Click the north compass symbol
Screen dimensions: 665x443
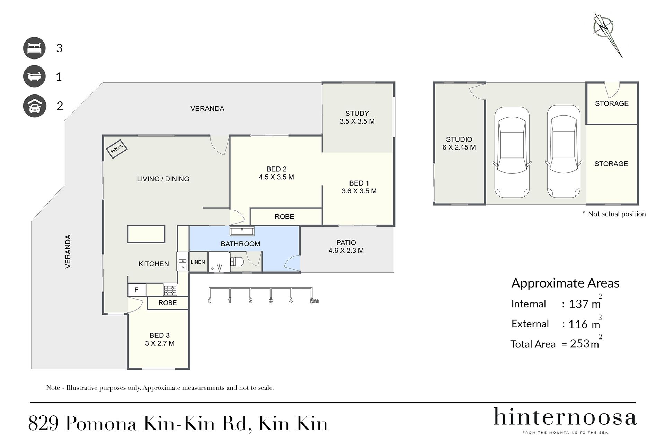pyautogui.click(x=606, y=33)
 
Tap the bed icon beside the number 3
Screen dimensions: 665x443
pyautogui.click(x=34, y=48)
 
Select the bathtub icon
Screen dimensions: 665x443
pyautogui.click(x=34, y=76)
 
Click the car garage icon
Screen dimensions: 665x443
pyautogui.click(x=34, y=106)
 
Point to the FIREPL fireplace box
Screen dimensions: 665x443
pyautogui.click(x=117, y=149)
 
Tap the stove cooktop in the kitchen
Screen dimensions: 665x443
pyautogui.click(x=170, y=290)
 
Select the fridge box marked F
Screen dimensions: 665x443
pyautogui.click(x=137, y=290)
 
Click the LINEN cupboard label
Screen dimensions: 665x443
pyautogui.click(x=198, y=262)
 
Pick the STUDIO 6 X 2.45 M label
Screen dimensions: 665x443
pyautogui.click(x=459, y=143)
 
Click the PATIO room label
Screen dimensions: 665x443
pyautogui.click(x=346, y=243)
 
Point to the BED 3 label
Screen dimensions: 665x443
pyautogui.click(x=160, y=335)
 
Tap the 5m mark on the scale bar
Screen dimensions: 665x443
pyautogui.click(x=314, y=301)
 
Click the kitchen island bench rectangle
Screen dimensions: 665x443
pyautogui.click(x=146, y=234)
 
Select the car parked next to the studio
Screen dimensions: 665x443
pyautogui.click(x=512, y=152)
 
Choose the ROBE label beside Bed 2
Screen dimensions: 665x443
pyautogui.click(x=284, y=217)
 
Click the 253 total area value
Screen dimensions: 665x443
pyautogui.click(x=580, y=343)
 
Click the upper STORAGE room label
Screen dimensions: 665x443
pyautogui.click(x=612, y=103)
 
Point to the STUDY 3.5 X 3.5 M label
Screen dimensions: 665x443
pyautogui.click(x=357, y=117)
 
